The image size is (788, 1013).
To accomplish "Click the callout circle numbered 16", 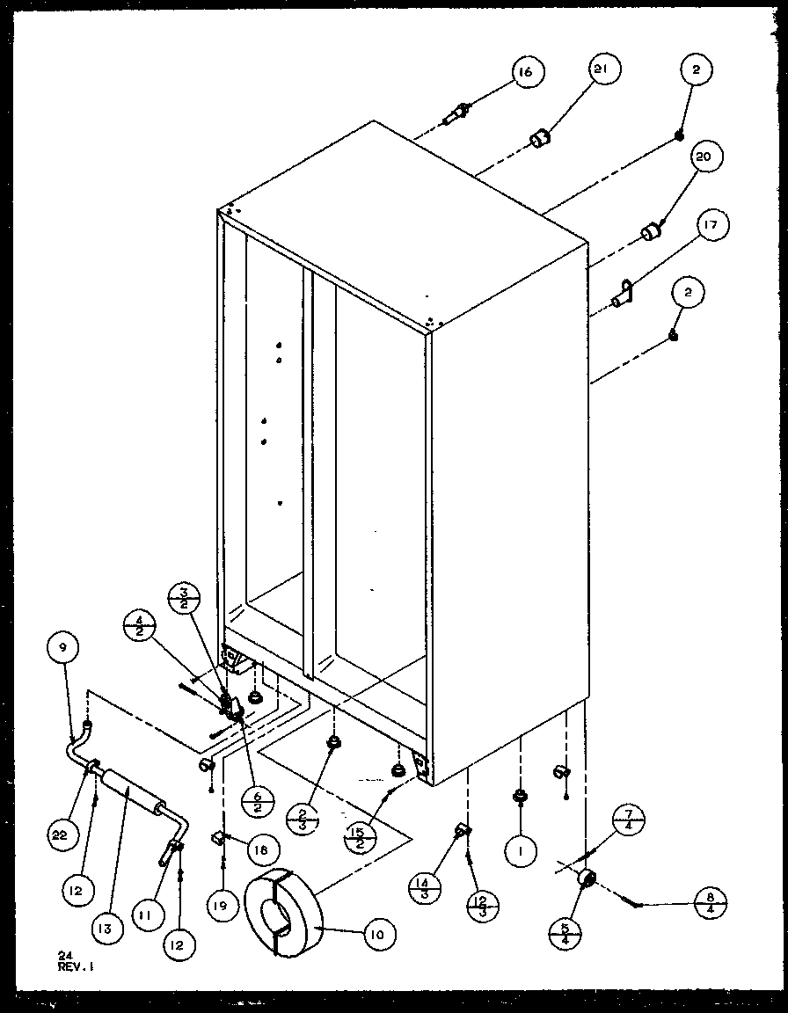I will click(525, 73).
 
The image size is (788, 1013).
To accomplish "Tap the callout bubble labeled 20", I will click(703, 159).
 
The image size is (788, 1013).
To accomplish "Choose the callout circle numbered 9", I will click(62, 650).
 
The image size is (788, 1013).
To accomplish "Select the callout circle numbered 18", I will click(261, 849).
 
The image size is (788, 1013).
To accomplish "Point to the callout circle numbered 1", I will click(521, 850).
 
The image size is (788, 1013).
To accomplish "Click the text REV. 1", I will click(76, 966).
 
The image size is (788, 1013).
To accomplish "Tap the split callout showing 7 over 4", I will click(630, 821).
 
